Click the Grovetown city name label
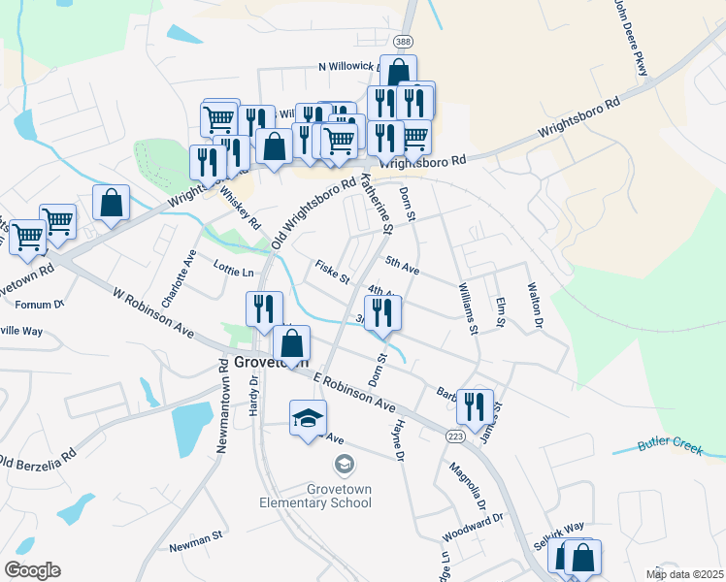click(271, 364)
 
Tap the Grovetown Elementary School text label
click(314, 496)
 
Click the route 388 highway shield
click(404, 41)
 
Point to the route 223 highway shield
click(455, 437)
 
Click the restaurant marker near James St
click(475, 406)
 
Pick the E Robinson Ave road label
click(353, 390)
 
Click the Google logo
click(32, 570)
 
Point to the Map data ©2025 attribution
click(685, 574)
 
